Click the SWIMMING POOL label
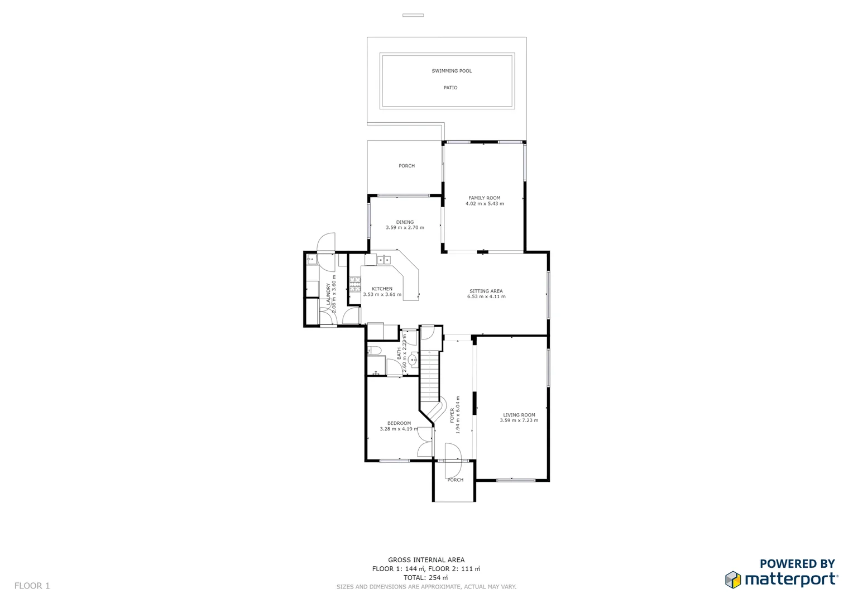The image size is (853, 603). pos(452,71)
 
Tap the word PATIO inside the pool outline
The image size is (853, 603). pos(451,88)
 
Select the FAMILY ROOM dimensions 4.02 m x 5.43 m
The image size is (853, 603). pos(485,204)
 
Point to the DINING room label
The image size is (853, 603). pos(405,222)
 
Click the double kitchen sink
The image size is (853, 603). pos(384,260)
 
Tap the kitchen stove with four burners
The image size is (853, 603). pos(355,284)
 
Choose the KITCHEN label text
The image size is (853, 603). pos(382,289)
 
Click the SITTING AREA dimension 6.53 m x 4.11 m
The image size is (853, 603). pos(486,296)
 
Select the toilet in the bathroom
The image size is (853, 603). pos(375,351)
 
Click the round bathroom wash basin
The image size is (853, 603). pos(413,360)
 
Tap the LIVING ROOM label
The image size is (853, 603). pos(519,415)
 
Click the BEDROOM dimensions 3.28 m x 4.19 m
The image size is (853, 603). pos(399,429)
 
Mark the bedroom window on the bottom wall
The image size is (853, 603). pos(394,461)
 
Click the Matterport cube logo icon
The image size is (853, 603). pos(733,580)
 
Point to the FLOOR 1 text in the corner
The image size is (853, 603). pos(32,586)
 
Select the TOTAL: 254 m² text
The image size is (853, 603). pos(426,577)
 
